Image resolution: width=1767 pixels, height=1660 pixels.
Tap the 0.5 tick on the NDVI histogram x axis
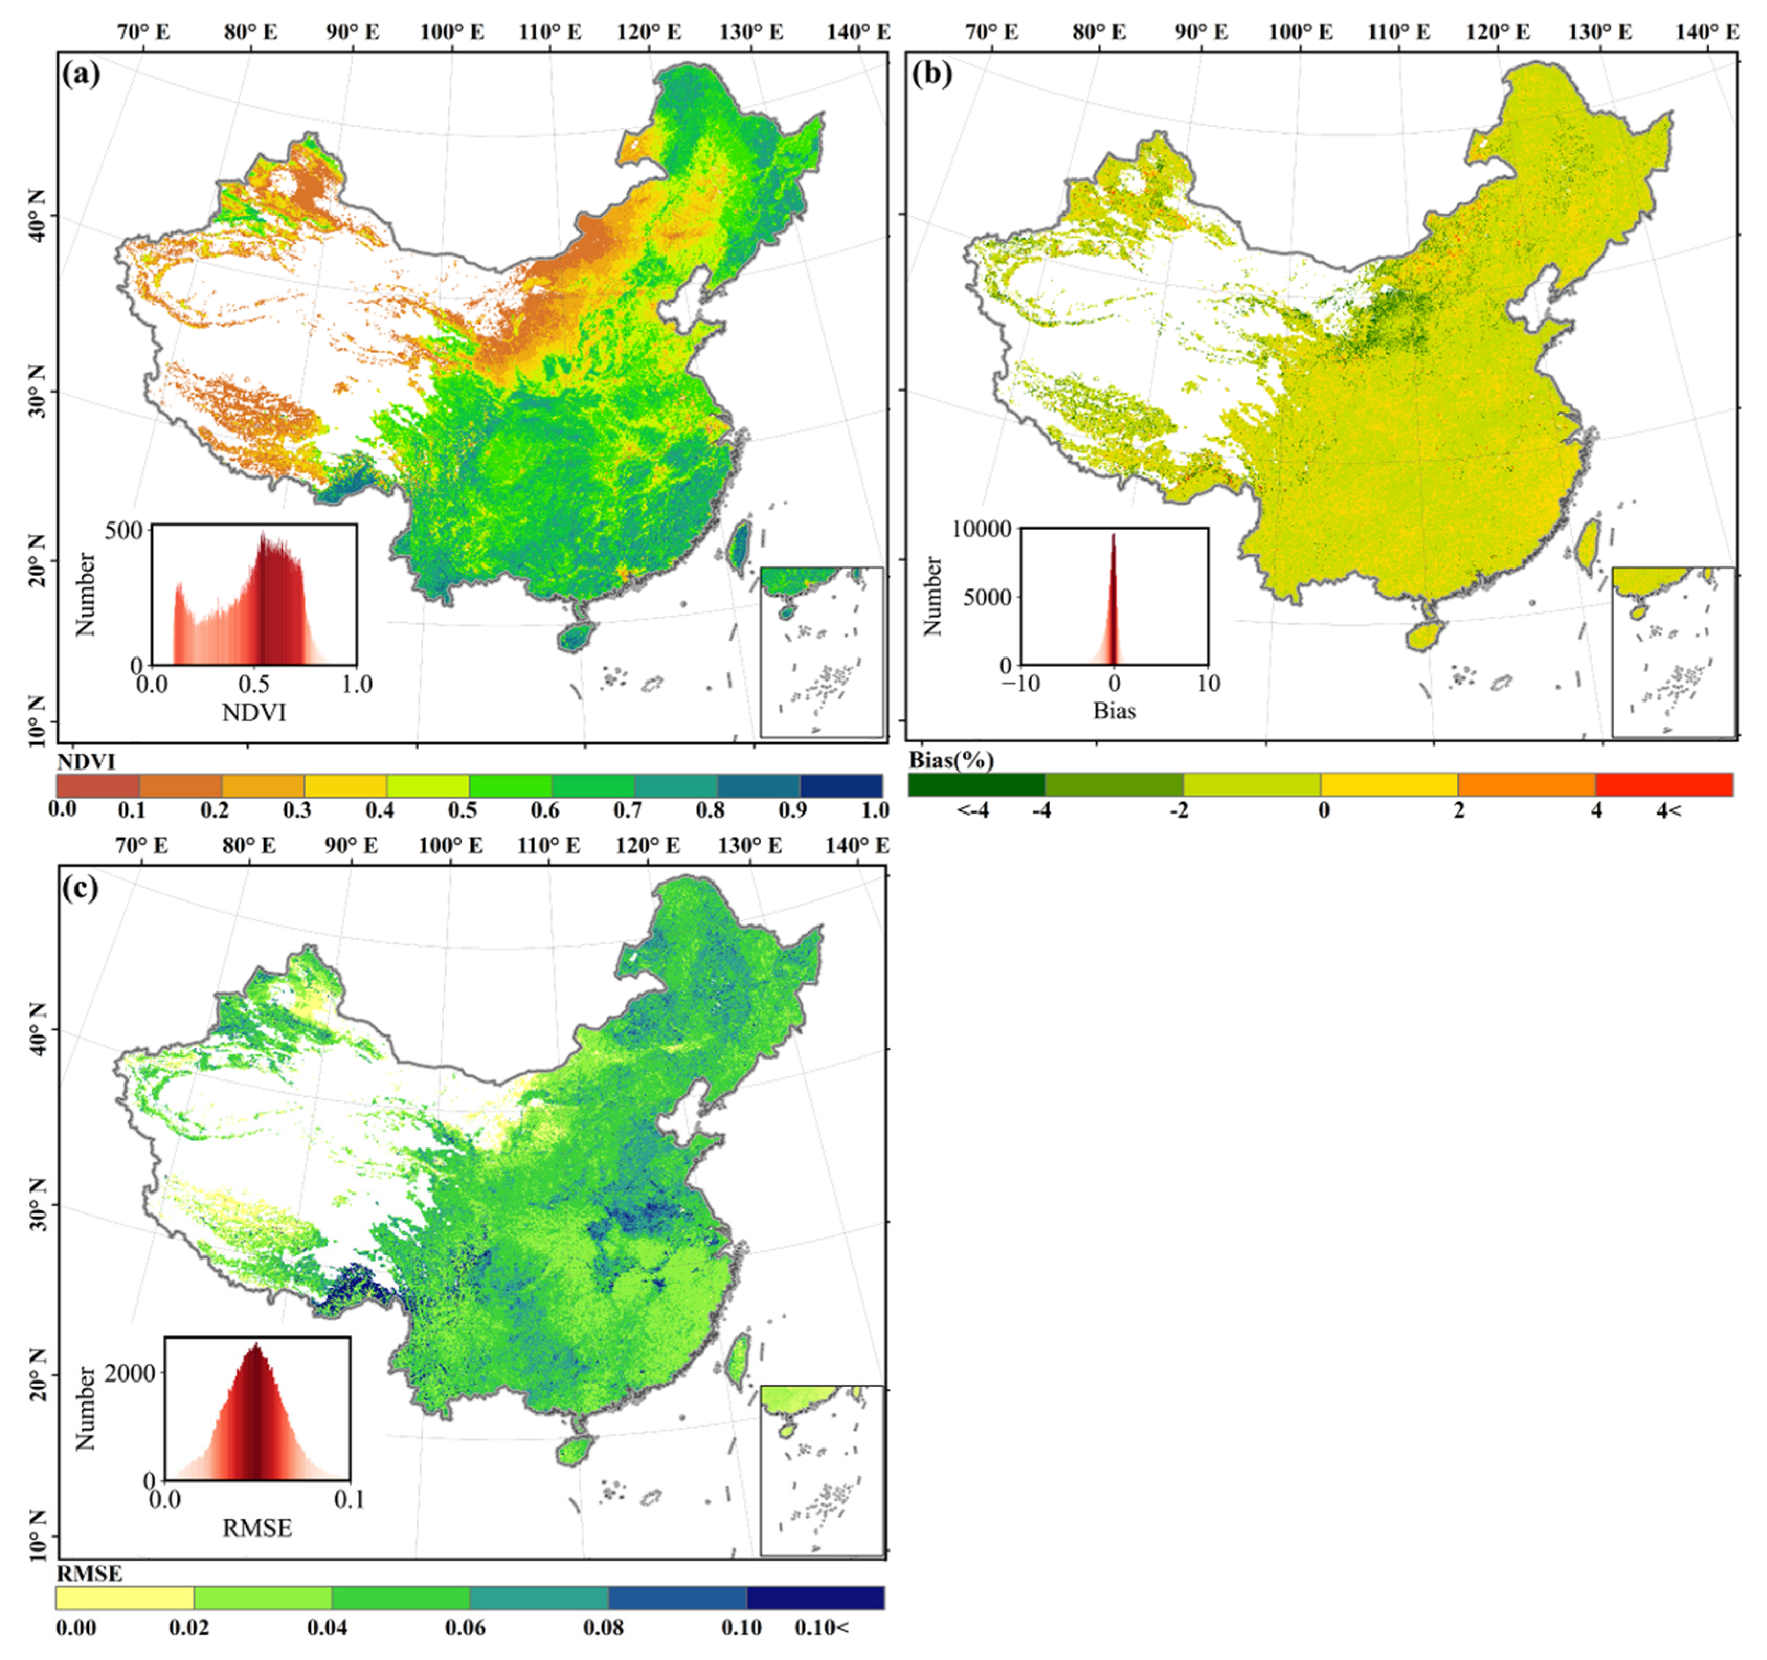[x=254, y=685]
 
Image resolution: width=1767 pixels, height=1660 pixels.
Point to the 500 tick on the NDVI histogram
[x=123, y=531]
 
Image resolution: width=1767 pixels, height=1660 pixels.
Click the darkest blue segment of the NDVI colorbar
[x=841, y=786]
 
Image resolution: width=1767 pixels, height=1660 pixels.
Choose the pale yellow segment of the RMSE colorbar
[x=125, y=1598]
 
